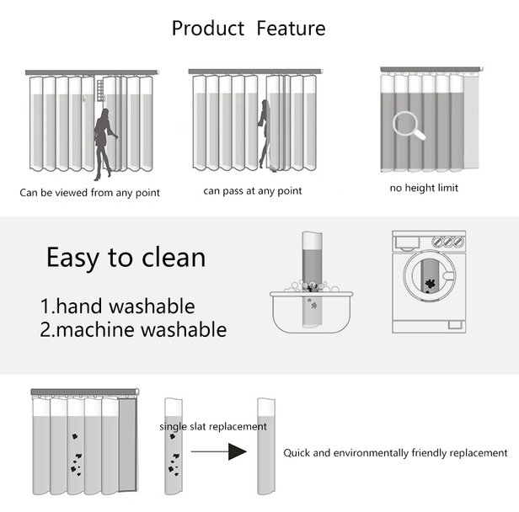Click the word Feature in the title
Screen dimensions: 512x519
(291, 28)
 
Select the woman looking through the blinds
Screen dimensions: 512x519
(104, 142)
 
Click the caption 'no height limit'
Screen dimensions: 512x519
(424, 188)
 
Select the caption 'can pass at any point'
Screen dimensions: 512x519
(253, 191)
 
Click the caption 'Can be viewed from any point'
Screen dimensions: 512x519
(90, 193)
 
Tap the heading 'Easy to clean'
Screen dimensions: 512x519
(126, 257)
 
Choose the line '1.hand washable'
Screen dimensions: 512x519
(117, 306)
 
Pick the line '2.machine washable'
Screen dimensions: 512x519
(133, 329)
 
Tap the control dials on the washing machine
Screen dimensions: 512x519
(447, 242)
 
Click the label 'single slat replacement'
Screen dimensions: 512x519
(213, 427)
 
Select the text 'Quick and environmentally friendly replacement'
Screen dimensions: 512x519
(395, 453)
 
